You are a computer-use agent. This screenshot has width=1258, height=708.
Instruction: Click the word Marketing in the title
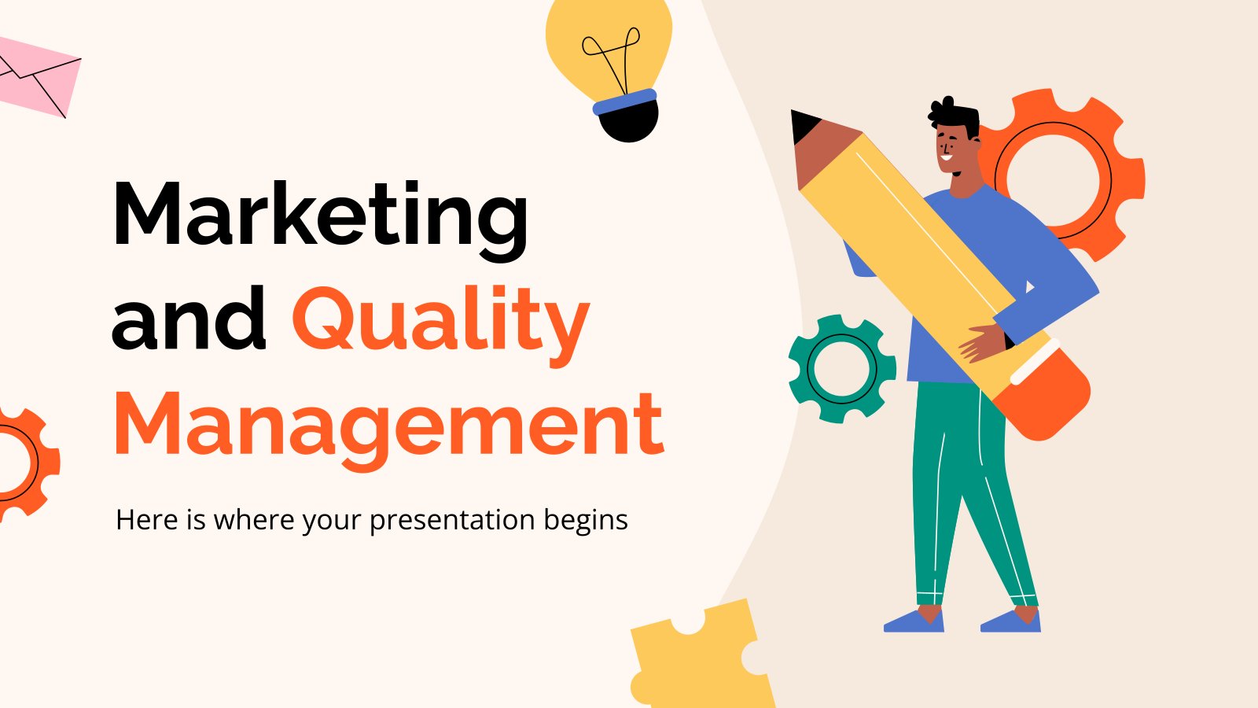[x=321, y=221]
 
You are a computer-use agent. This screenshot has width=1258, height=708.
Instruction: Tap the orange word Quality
[x=441, y=326]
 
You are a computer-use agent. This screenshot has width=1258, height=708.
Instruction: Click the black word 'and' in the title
[x=188, y=318]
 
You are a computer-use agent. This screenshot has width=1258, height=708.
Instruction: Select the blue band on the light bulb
[x=625, y=101]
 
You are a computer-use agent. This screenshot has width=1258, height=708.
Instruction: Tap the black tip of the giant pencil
[x=803, y=125]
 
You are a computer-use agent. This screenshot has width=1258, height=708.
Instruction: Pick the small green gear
[x=842, y=369]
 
